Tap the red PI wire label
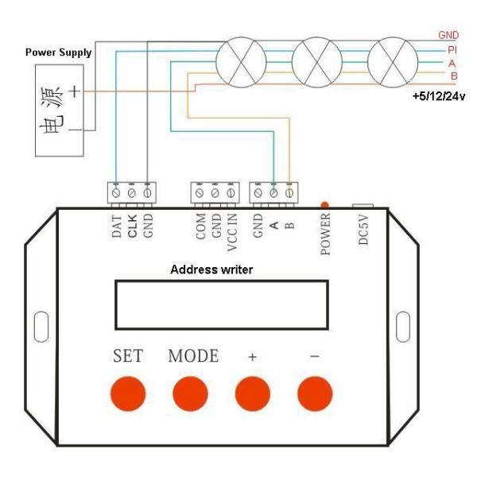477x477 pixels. click(452, 48)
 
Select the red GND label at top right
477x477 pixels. click(449, 36)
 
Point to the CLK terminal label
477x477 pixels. click(133, 226)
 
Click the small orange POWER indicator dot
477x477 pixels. click(324, 205)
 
